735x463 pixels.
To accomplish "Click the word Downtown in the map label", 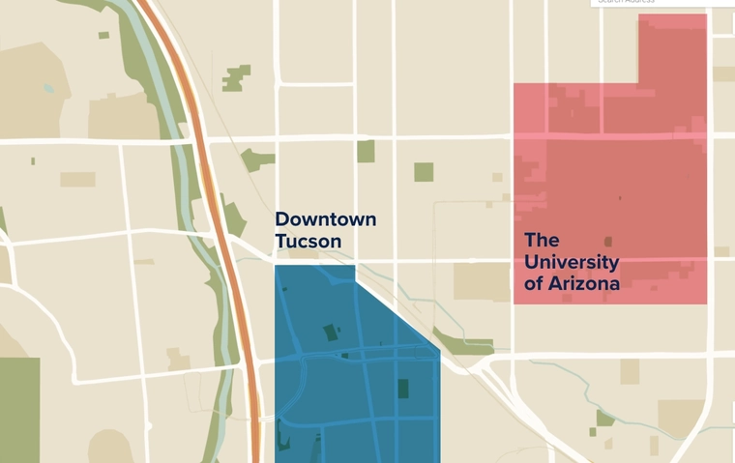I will click(x=325, y=219).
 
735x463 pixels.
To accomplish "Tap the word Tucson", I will click(x=308, y=241).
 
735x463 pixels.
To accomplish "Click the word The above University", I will click(x=542, y=239).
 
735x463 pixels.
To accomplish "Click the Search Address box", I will click(x=663, y=3).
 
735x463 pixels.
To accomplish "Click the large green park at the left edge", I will click(x=19, y=406).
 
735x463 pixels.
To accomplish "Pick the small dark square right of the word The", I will click(x=607, y=242).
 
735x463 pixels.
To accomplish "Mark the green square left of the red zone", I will click(x=424, y=172).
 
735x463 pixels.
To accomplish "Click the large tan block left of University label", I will click(x=481, y=280).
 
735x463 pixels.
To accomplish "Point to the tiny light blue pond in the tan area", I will click(x=48, y=87).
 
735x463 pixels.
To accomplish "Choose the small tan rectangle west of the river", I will click(x=77, y=179).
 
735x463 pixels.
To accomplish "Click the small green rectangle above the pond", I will click(x=103, y=35).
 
